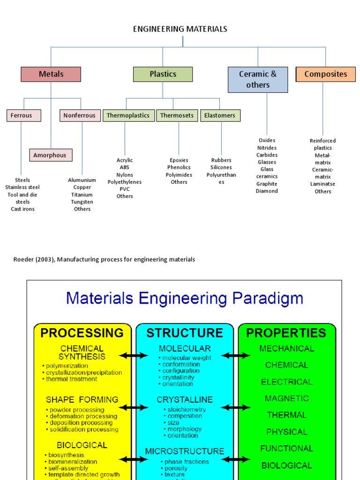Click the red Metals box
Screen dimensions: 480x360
(51, 74)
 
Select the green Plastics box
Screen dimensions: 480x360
(163, 74)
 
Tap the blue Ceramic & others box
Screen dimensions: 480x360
(258, 80)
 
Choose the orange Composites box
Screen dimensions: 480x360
(325, 74)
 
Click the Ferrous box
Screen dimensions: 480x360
(23, 115)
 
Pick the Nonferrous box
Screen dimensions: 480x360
(80, 115)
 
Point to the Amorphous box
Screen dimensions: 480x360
(51, 155)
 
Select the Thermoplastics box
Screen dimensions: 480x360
(128, 115)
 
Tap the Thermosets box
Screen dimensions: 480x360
(177, 115)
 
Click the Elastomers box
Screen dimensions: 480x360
(220, 115)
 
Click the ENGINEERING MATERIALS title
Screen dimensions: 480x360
(180, 29)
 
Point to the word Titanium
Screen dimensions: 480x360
(82, 195)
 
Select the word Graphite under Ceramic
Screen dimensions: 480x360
(267, 184)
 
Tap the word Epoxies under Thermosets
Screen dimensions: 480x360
(179, 160)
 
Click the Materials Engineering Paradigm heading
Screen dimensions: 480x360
(184, 298)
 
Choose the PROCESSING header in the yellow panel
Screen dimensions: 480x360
(82, 333)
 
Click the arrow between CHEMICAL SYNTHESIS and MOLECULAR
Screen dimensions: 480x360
(134, 356)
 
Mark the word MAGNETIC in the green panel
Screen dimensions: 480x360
(286, 398)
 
